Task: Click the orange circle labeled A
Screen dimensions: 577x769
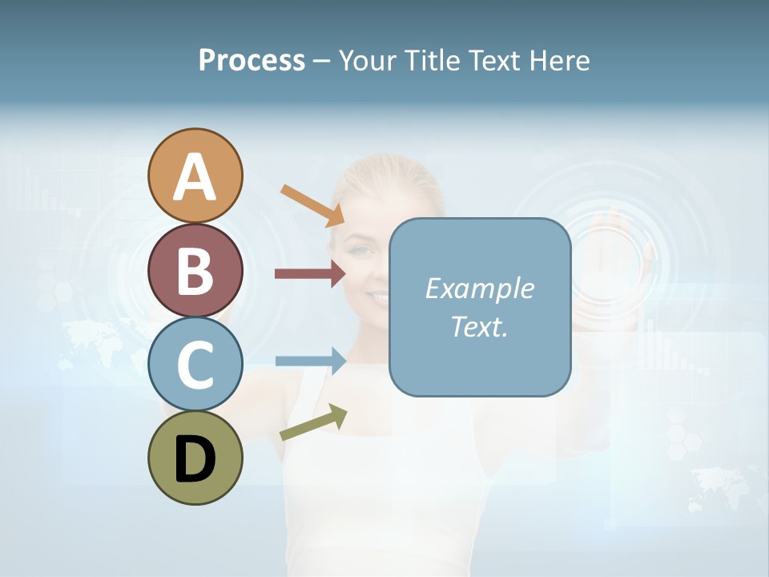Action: pos(195,176)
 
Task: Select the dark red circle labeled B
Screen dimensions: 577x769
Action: pos(195,270)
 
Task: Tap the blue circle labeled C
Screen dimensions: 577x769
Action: pos(195,364)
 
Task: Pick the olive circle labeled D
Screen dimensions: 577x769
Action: pos(195,458)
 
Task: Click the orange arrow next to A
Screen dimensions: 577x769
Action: pos(312,204)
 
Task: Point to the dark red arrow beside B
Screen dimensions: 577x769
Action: pos(310,273)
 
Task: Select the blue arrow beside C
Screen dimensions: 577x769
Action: pos(310,361)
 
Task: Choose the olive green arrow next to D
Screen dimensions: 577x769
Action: pos(313,422)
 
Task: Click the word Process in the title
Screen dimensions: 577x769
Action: pos(252,60)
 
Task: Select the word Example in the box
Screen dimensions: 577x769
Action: pos(479,288)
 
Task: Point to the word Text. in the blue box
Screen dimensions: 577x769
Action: pos(479,326)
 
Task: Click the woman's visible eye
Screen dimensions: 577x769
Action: pos(362,252)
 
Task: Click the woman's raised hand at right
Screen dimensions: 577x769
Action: pos(609,256)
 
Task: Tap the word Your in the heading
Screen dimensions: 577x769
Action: pos(368,60)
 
